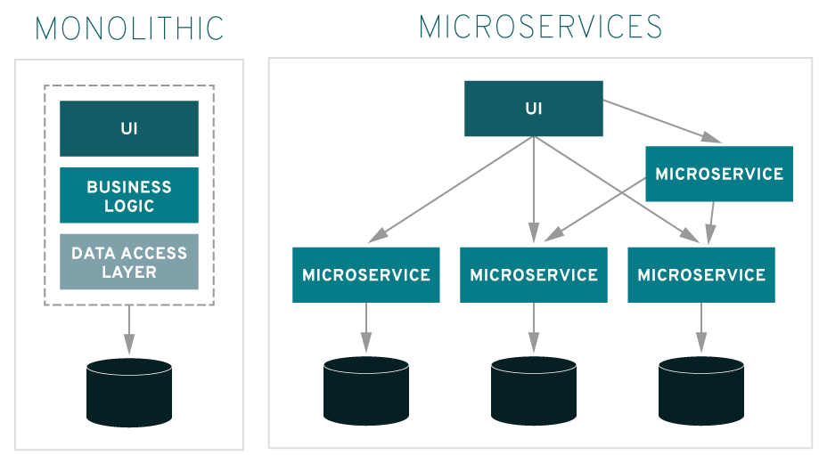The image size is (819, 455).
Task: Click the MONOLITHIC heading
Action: pyautogui.click(x=129, y=28)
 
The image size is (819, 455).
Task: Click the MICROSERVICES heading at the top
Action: pyautogui.click(x=540, y=27)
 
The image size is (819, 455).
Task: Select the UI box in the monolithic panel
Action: pyautogui.click(x=129, y=128)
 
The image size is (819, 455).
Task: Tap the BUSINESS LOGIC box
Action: pyautogui.click(x=129, y=195)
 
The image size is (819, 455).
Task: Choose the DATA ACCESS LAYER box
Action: pyautogui.click(x=129, y=262)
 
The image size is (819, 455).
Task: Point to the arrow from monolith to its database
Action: pyautogui.click(x=129, y=329)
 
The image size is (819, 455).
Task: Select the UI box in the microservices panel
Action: pyautogui.click(x=533, y=109)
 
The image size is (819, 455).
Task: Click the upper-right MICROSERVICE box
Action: pyautogui.click(x=718, y=174)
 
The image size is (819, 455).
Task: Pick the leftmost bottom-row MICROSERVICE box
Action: pyautogui.click(x=365, y=274)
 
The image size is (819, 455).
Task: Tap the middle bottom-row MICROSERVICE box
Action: pyautogui.click(x=533, y=274)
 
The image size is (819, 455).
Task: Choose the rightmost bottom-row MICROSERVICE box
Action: pyautogui.click(x=700, y=274)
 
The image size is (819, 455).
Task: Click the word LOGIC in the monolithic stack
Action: pyautogui.click(x=129, y=206)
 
